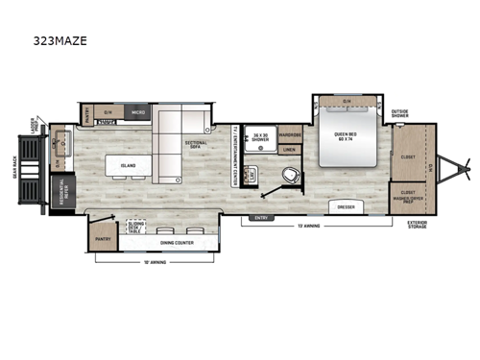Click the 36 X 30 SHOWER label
click(258, 136)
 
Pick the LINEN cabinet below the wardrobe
click(289, 148)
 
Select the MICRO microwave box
click(138, 111)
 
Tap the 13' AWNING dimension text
click(308, 227)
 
